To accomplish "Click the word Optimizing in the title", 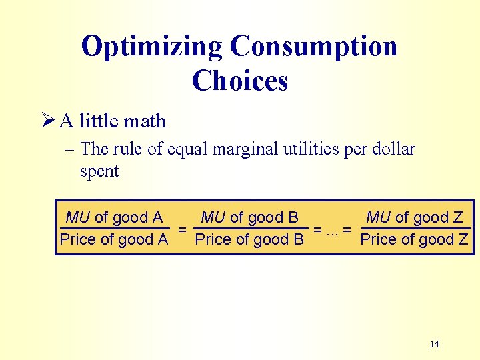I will tap(151, 47).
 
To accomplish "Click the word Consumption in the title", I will tap(313, 47).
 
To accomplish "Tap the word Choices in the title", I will tap(240, 81).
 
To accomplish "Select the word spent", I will tap(99, 171).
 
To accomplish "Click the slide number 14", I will tap(434, 344).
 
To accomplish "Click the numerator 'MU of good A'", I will tap(114, 217).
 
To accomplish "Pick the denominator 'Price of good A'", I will tap(114, 239).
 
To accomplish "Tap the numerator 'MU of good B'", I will tap(249, 217).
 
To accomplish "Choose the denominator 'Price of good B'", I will tap(249, 239).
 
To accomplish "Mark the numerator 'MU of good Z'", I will tap(415, 217).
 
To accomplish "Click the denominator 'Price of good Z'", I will tap(415, 239).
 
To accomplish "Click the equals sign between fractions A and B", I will tap(181, 229).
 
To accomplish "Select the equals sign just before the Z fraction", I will tap(347, 229).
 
